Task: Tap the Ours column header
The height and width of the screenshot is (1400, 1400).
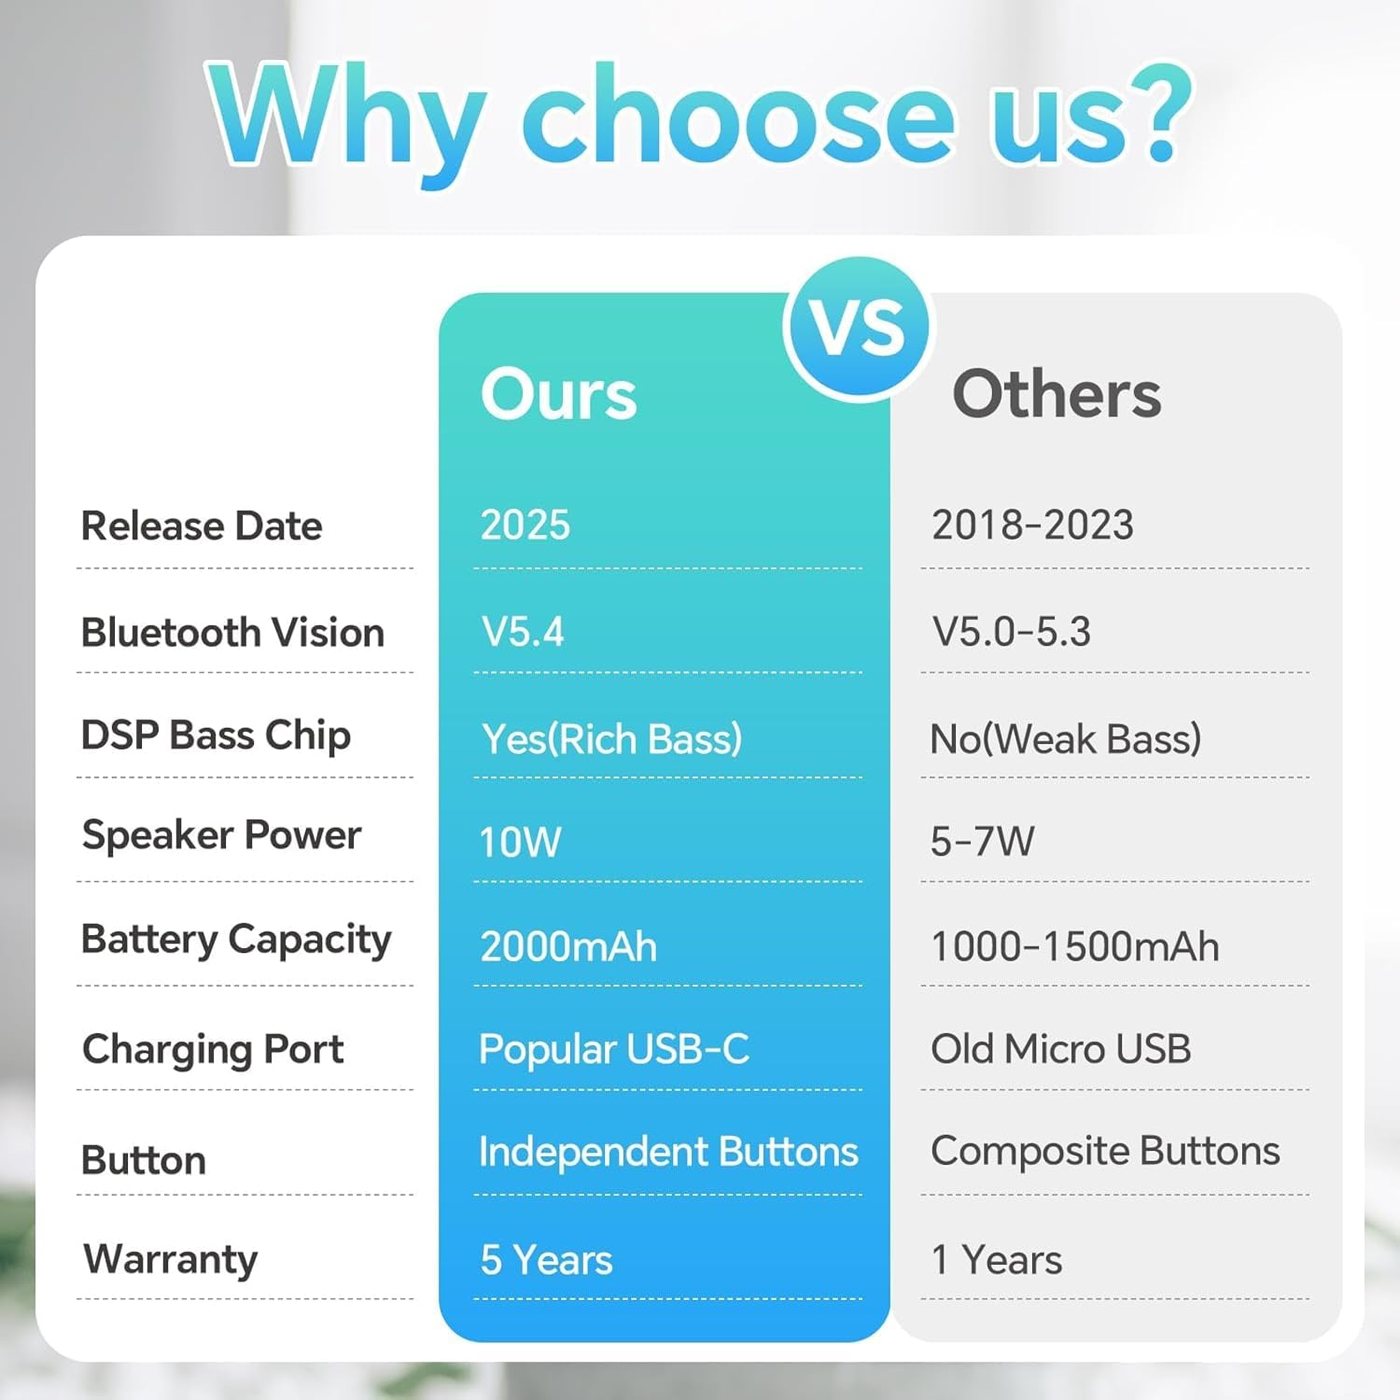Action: click(558, 393)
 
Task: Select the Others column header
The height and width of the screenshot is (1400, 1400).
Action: click(1057, 393)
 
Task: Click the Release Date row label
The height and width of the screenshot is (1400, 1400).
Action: click(202, 525)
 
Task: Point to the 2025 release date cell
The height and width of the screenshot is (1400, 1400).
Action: click(525, 525)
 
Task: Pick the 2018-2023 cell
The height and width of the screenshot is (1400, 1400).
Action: click(1032, 525)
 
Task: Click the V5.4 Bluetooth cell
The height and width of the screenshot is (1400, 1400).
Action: click(523, 632)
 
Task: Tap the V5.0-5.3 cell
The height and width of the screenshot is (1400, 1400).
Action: click(1012, 632)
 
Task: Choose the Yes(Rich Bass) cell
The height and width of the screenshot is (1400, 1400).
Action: click(611, 739)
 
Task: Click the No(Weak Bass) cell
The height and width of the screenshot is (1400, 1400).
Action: click(1066, 739)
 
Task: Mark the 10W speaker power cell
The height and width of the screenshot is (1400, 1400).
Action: click(520, 842)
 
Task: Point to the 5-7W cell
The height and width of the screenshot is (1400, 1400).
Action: click(982, 842)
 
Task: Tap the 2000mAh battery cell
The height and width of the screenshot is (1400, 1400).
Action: click(568, 946)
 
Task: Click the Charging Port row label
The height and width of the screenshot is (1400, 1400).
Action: click(213, 1050)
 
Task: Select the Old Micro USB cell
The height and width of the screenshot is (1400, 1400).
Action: click(1061, 1049)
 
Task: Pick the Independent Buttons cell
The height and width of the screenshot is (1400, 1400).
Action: click(668, 1152)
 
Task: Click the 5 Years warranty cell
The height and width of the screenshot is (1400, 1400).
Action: click(546, 1260)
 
